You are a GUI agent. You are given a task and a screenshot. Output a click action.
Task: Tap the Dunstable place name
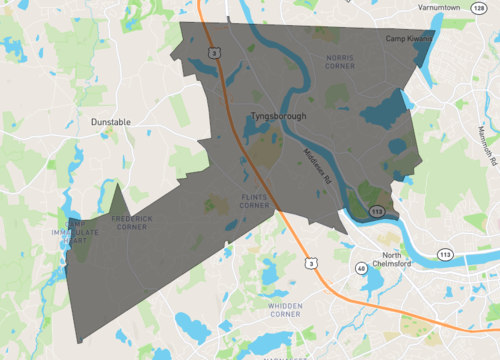click(111, 122)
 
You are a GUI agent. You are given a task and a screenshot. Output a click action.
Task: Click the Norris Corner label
click(341, 63)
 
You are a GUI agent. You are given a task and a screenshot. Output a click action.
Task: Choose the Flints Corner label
click(255, 201)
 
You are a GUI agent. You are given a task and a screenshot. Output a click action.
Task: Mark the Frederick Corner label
click(130, 222)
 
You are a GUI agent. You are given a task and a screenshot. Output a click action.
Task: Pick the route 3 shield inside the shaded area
click(213, 52)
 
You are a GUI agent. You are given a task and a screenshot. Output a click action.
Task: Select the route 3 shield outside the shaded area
click(311, 262)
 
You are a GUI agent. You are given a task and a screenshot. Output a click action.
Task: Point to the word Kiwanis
click(420, 38)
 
